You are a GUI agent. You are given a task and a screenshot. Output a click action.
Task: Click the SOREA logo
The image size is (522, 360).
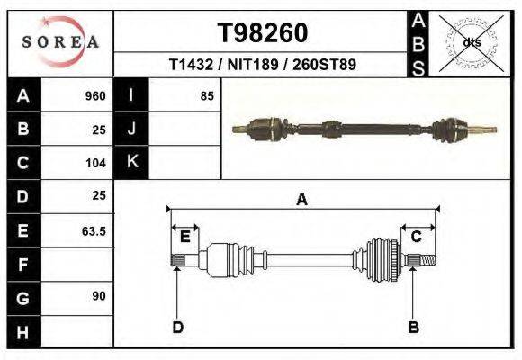(x=59, y=42)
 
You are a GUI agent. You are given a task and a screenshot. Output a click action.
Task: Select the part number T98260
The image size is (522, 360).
(x=263, y=33)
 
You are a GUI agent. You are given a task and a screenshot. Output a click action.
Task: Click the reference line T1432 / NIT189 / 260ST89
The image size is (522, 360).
(x=263, y=67)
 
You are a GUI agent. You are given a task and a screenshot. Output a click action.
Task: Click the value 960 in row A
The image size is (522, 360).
(x=94, y=96)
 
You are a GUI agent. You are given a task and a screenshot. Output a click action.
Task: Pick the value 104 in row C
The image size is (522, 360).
(x=94, y=164)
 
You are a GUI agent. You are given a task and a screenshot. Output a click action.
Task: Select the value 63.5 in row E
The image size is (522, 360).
(x=94, y=231)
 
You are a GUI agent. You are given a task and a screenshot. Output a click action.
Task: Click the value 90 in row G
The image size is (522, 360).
(x=98, y=296)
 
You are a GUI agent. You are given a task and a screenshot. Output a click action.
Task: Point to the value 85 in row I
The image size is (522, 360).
(x=206, y=96)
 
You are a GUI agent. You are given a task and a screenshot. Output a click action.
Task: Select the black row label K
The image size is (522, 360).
(x=132, y=162)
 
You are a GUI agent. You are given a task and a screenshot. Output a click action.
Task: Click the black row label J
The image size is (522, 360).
(x=132, y=129)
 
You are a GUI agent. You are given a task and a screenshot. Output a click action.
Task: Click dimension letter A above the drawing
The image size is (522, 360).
(x=301, y=201)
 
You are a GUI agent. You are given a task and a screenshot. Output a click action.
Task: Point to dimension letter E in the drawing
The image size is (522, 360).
(x=184, y=237)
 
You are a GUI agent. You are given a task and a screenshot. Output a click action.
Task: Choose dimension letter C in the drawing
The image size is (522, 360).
(x=417, y=237)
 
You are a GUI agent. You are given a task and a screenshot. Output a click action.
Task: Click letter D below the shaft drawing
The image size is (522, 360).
(x=177, y=327)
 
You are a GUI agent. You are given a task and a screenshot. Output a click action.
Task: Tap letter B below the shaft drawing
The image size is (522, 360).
(x=413, y=327)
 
